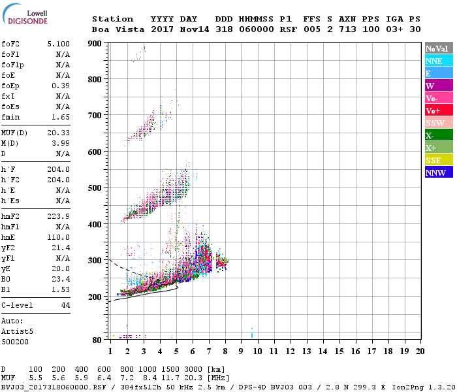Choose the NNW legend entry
pyautogui.click(x=435, y=172)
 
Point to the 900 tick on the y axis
pyautogui.click(x=95, y=44)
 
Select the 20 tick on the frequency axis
pyautogui.click(x=420, y=351)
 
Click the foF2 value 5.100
pyautogui.click(x=59, y=44)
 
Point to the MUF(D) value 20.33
pyautogui.click(x=59, y=133)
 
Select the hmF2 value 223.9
pyautogui.click(x=59, y=216)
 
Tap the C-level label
pyautogui.click(x=18, y=305)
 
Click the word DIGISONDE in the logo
pyautogui.click(x=29, y=21)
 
